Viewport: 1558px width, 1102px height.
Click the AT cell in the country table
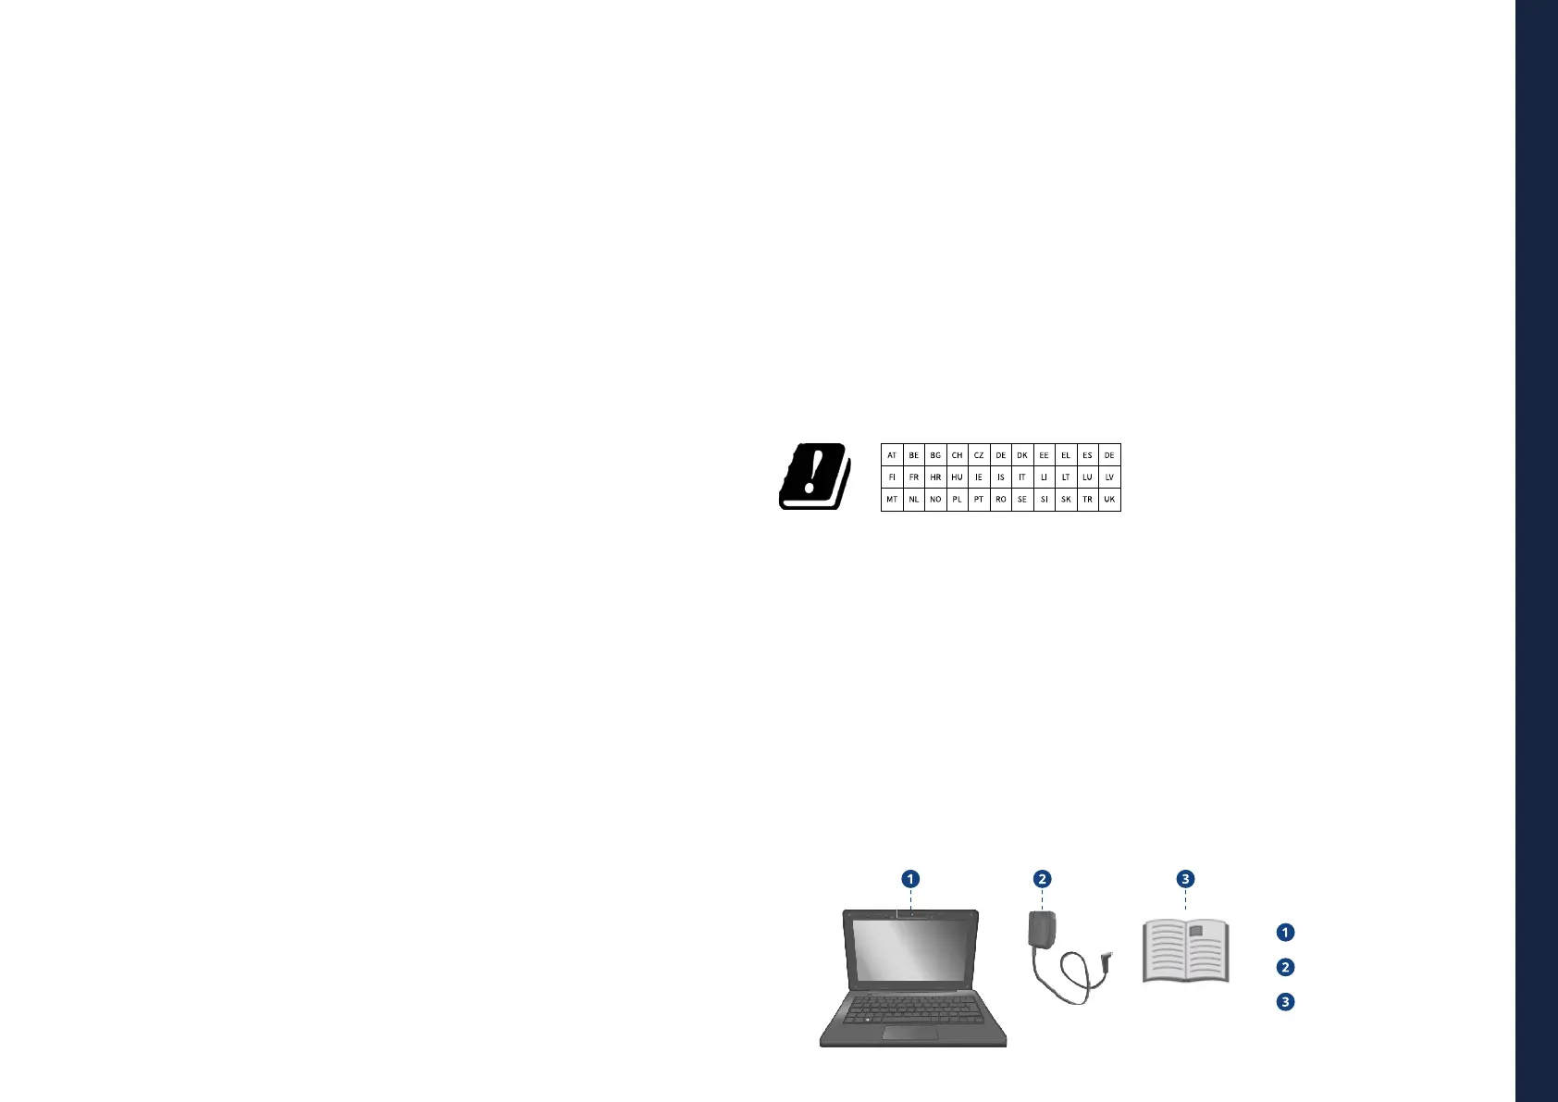(x=892, y=455)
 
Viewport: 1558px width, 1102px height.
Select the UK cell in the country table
(x=1109, y=500)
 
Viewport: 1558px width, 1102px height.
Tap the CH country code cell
(x=957, y=455)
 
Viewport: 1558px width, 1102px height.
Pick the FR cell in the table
(x=914, y=477)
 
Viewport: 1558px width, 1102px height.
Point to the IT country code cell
(x=1022, y=477)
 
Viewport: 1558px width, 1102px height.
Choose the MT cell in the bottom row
(x=892, y=500)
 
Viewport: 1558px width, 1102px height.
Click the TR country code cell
(x=1087, y=500)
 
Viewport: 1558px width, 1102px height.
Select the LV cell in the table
(x=1109, y=477)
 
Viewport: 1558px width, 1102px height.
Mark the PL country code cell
(x=957, y=500)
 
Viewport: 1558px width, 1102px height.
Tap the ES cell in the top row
(x=1087, y=455)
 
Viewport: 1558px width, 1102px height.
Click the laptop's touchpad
(x=909, y=1033)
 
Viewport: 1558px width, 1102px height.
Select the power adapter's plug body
(x=1042, y=929)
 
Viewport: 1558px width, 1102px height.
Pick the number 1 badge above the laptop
(x=911, y=879)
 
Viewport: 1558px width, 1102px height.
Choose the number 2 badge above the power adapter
(x=1043, y=879)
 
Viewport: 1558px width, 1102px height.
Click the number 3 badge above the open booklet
(x=1186, y=879)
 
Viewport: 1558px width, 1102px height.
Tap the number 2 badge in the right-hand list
(x=1285, y=967)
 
